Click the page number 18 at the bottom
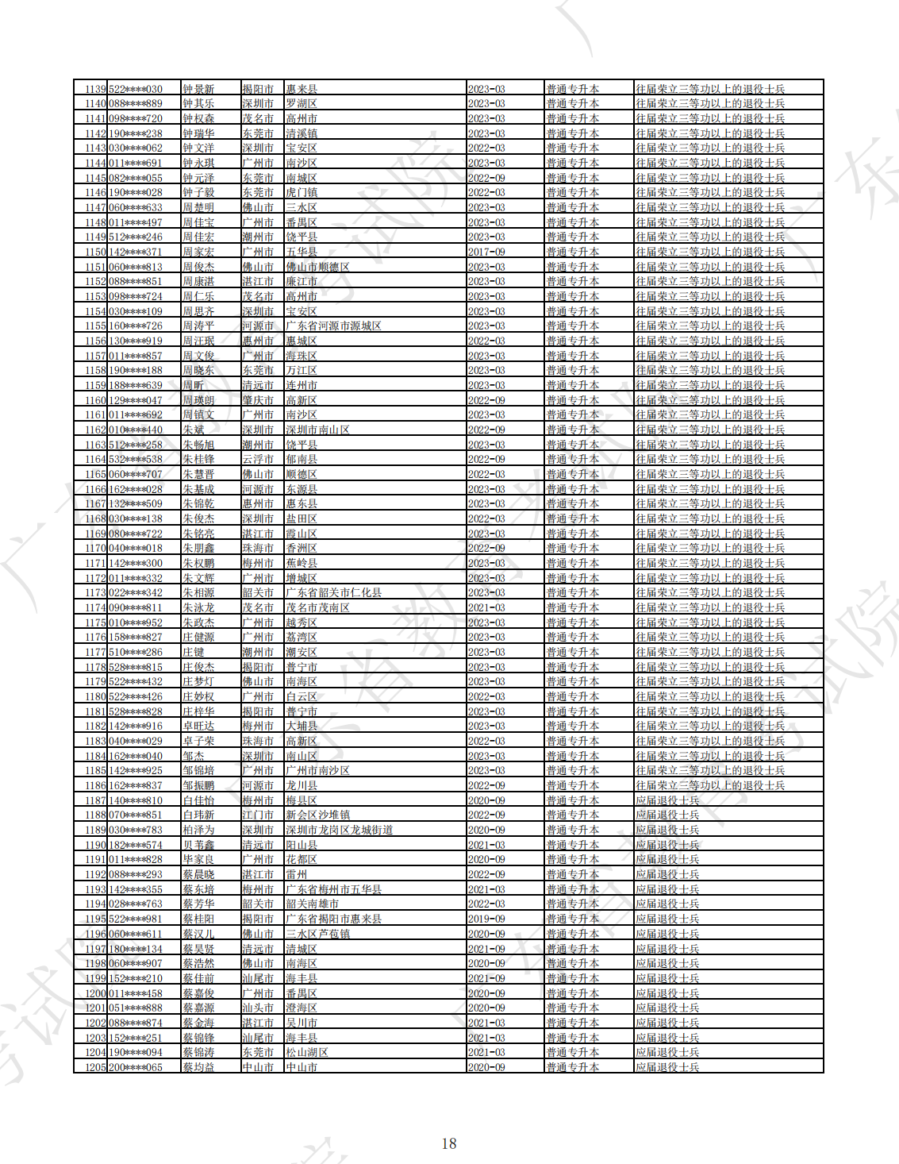449,1143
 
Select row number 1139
95,89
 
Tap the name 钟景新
198,89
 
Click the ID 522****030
136,89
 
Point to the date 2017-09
486,252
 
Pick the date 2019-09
486,919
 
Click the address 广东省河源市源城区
333,326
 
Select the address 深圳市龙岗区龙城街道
340,830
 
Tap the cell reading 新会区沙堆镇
317,815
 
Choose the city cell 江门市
258,815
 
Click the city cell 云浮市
258,460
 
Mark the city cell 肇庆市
258,400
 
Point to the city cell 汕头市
258,1008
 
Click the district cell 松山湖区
307,1052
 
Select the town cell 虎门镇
302,193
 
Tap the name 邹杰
194,756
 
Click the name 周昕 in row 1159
194,385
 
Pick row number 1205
95,1067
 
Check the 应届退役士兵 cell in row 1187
667,800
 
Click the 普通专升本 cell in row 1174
572,607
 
